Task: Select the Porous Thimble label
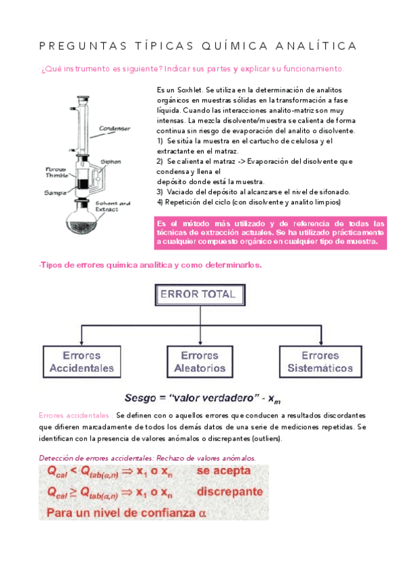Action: [x=55, y=173]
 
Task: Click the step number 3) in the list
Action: [x=160, y=192]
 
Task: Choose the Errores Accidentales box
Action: [x=82, y=362]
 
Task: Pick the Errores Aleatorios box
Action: [x=200, y=362]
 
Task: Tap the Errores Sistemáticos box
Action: [x=320, y=362]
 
